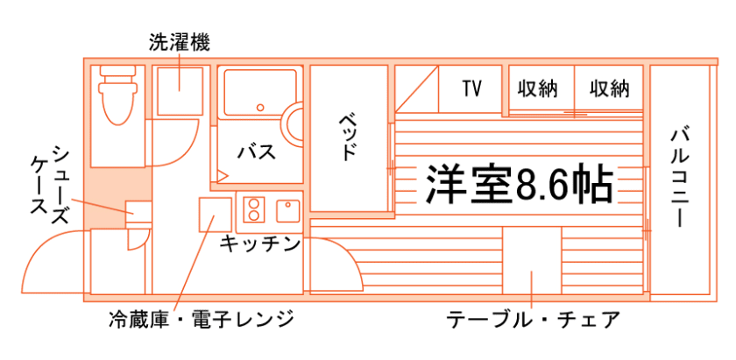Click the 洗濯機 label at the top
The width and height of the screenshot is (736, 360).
pos(179,42)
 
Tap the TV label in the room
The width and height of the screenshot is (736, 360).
pos(472,88)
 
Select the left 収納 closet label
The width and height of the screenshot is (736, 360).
pos(537,88)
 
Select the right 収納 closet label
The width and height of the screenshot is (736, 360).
pos(609,88)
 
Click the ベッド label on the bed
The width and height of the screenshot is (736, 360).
pos(349,137)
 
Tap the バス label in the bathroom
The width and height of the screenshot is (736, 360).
pos(257,152)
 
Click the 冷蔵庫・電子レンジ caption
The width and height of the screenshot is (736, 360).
pos(201,318)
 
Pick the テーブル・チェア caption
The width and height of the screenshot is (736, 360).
pos(532,318)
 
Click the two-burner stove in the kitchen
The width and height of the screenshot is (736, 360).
pos(253,211)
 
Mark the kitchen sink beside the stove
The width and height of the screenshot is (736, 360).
pos(287,211)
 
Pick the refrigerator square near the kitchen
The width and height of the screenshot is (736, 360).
pos(214,215)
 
